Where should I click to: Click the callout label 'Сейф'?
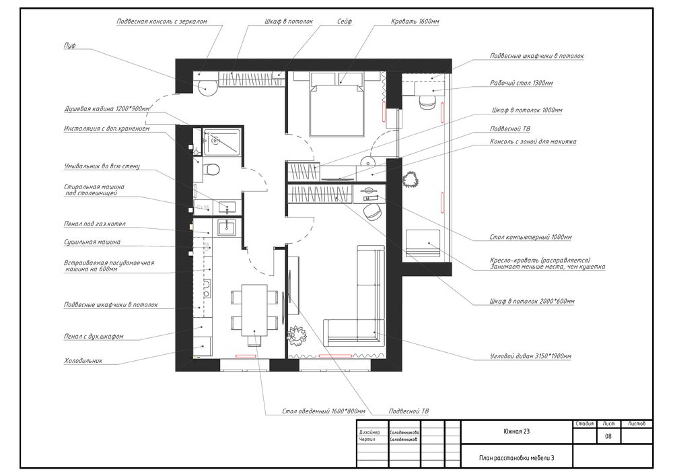pos(344,22)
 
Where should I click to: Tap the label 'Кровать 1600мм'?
pos(415,22)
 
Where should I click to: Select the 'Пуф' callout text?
pos(69,46)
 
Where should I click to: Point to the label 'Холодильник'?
pos(83,361)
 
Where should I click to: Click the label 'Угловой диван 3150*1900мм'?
pos(530,356)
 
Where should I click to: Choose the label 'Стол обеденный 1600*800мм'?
pos(324,411)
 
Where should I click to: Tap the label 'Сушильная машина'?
pos(92,242)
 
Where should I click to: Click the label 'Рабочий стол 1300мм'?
pos(522,83)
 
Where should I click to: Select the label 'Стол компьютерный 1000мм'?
pos(530,238)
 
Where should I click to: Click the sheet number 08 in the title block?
pos(608,436)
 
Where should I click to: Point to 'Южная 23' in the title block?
pos(516,432)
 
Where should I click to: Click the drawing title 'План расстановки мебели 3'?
pos(516,458)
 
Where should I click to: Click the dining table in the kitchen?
pos(254,310)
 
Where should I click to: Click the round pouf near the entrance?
pos(208,87)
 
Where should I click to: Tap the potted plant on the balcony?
pos(411,179)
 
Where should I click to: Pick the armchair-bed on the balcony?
pos(423,244)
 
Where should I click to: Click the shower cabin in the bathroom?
pos(222,141)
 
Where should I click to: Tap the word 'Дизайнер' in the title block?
pos(369,433)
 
